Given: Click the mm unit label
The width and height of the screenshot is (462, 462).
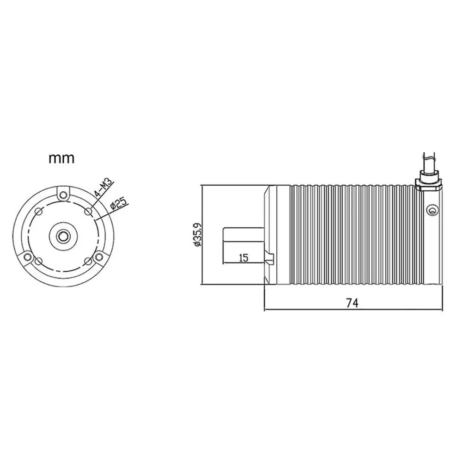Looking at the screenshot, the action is pos(61,159).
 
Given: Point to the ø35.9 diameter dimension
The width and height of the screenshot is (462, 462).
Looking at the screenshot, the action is pos(197,234).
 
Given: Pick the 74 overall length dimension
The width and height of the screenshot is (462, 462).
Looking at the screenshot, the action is pos(353,303).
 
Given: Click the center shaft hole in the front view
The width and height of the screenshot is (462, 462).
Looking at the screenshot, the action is pos(62,236).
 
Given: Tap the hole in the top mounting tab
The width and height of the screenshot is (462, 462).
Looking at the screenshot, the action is pos(63,195).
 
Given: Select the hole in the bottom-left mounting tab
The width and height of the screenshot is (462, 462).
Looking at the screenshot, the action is pos(27,257).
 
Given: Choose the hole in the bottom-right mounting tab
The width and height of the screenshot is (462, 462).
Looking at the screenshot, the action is pos(99,257).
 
